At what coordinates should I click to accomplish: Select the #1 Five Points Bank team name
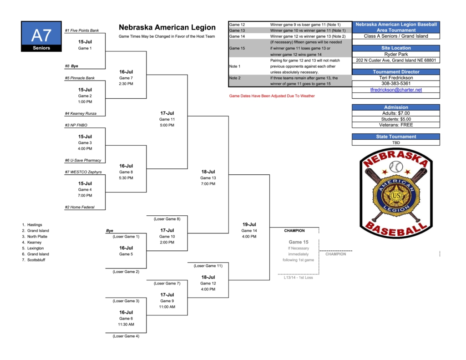click(82, 30)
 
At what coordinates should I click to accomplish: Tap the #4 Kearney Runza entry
click(81, 113)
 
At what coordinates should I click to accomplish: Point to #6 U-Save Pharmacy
click(83, 160)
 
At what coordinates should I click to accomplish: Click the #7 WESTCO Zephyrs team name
click(83, 172)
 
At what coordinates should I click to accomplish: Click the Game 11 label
click(167, 119)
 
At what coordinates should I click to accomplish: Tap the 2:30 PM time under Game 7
click(126, 84)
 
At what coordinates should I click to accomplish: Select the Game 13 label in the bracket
click(208, 178)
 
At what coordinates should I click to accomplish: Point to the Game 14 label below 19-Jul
click(249, 231)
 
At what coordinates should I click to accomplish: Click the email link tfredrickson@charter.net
click(396, 90)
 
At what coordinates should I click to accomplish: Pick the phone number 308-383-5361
click(396, 84)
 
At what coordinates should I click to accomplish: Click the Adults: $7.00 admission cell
click(396, 113)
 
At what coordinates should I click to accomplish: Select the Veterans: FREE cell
click(396, 125)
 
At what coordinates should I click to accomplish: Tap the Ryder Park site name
click(396, 54)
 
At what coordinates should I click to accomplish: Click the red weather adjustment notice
click(272, 96)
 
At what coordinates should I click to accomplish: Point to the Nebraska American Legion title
click(167, 28)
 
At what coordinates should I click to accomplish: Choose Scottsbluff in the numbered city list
click(36, 260)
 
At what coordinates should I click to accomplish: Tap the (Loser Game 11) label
click(208, 266)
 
